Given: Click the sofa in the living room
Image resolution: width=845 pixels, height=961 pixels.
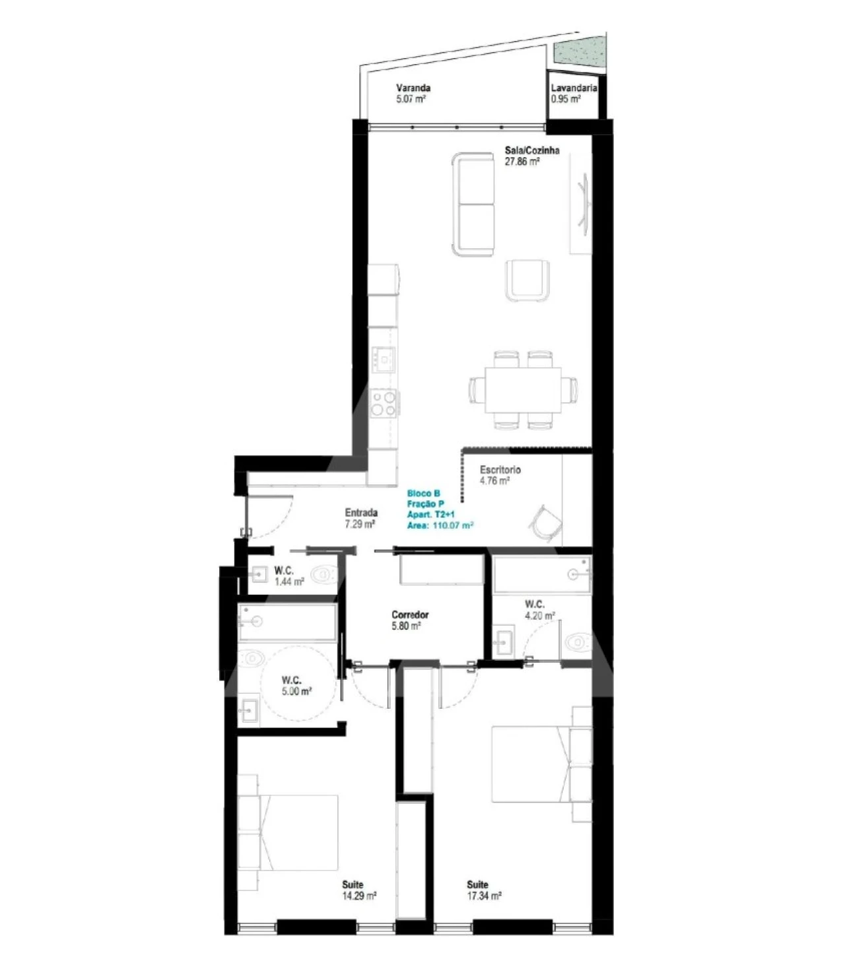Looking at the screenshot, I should tap(473, 204).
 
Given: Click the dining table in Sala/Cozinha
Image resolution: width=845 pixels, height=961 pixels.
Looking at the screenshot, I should tap(524, 389).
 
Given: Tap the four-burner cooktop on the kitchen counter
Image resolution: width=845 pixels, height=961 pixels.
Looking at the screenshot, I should tap(384, 403).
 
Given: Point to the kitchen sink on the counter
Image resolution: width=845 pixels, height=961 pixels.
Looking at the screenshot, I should tap(384, 359).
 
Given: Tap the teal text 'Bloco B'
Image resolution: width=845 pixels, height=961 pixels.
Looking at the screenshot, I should tap(423, 494).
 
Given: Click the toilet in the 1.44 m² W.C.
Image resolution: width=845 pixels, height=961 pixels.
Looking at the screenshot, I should tap(323, 574).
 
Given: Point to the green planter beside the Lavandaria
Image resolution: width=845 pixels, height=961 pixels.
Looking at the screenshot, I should tap(578, 53).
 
